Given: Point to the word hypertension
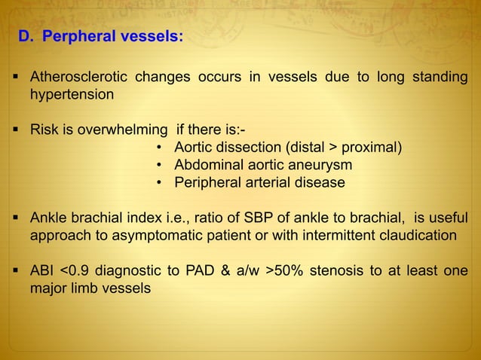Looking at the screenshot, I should pyautogui.click(x=72, y=96).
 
